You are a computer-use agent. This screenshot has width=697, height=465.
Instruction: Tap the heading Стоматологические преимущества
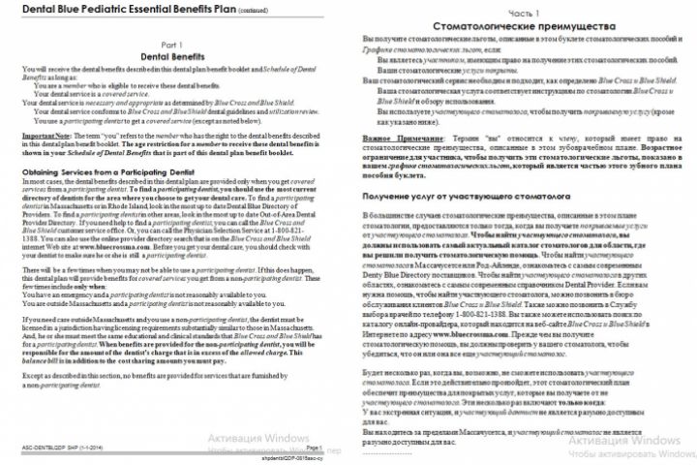521,32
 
